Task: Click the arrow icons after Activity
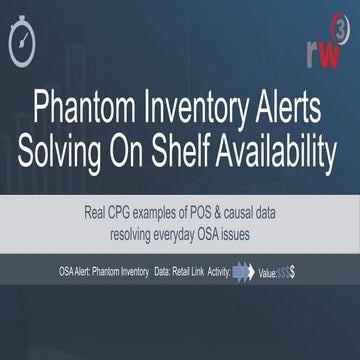click(241, 270)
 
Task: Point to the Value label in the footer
click(268, 270)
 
